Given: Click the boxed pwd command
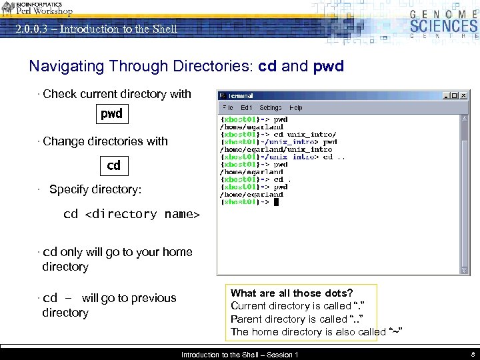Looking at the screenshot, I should point(111,114).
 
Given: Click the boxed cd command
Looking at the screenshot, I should point(114,165).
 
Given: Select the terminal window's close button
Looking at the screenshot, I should point(464,95).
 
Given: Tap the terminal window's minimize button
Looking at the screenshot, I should point(445,95).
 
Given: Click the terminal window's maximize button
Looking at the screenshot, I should point(455,95).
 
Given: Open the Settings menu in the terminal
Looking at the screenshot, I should point(270,107).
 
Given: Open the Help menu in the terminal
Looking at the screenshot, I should point(296,107).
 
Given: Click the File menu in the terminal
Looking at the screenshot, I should point(228,107).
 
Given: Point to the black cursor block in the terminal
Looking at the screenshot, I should point(276,202).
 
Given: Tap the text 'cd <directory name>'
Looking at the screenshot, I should point(131,214).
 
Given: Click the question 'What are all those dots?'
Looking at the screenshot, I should point(292,293).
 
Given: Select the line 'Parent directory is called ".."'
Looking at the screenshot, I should point(297,319).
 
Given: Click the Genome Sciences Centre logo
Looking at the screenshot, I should point(443,23).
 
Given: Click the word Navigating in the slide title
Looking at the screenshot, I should point(67,67).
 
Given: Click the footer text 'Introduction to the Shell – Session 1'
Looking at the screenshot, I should point(240,355).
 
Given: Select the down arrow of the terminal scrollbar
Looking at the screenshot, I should point(465,271).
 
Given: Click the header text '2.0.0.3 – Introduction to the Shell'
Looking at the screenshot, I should point(97,29).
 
